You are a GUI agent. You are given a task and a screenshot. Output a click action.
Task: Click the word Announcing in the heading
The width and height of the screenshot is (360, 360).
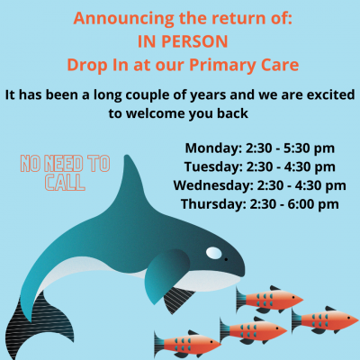coord(123,19)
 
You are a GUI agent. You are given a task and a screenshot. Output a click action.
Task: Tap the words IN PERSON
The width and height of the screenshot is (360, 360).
coord(183,41)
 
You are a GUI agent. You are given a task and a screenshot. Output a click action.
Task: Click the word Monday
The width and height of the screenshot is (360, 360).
coord(213,148)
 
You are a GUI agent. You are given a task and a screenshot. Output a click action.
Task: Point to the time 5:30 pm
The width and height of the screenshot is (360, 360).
coord(309,148)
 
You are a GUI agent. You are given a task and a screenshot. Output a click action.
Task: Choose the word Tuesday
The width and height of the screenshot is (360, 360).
coord(213,167)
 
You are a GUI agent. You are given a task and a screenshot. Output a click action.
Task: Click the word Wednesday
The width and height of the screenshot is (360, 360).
coord(213,185)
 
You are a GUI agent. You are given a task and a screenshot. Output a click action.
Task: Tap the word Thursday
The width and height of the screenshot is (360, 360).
coord(213,204)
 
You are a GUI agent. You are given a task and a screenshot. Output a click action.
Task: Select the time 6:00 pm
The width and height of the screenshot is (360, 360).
coord(313,204)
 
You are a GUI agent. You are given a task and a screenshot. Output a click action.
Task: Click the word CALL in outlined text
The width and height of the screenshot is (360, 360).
coord(65,183)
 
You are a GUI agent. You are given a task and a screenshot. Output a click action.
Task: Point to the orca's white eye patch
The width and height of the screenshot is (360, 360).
coord(213,253)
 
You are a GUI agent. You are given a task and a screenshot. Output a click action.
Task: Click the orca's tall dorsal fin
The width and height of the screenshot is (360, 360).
coord(129,180)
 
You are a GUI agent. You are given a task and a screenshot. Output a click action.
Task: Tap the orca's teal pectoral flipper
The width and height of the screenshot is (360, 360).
coord(164,274)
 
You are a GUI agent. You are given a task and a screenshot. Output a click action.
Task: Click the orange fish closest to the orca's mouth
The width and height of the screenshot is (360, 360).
coord(269,299)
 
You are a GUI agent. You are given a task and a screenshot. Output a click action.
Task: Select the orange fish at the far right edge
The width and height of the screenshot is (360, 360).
coord(325,319)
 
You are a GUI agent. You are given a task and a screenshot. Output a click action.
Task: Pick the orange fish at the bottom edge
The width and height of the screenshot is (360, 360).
coord(187,344)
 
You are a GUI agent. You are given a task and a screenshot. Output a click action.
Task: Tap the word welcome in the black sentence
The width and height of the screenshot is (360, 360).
coord(154,113)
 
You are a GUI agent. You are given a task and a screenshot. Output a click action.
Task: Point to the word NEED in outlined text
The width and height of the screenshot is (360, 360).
coord(64,164)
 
